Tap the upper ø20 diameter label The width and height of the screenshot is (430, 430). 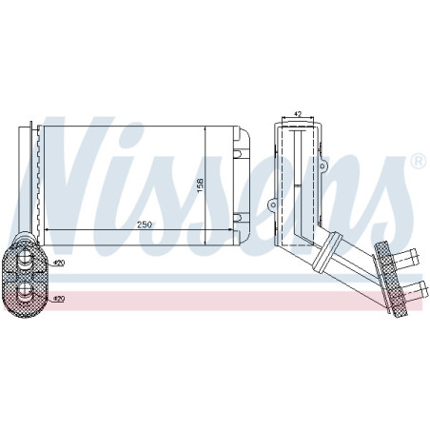[58, 263]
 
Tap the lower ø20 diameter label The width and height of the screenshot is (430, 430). [58, 298]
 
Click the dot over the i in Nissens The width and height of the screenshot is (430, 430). [184, 137]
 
